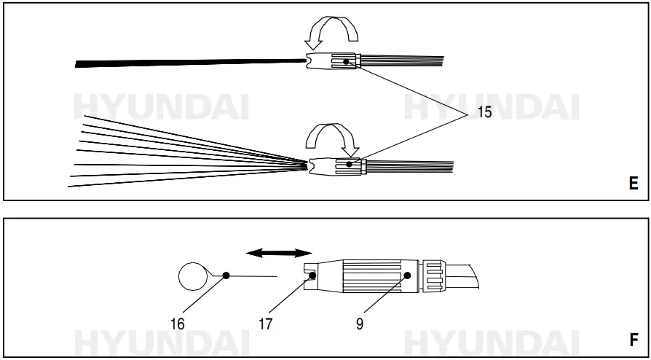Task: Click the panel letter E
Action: click(x=633, y=184)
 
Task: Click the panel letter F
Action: click(x=633, y=340)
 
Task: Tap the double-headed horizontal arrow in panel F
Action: click(x=278, y=253)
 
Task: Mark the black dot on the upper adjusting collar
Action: click(x=347, y=62)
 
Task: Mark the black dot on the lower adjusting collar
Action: click(x=349, y=165)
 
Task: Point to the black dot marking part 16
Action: click(x=226, y=275)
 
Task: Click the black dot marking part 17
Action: click(x=313, y=275)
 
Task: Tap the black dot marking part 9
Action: click(x=407, y=275)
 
